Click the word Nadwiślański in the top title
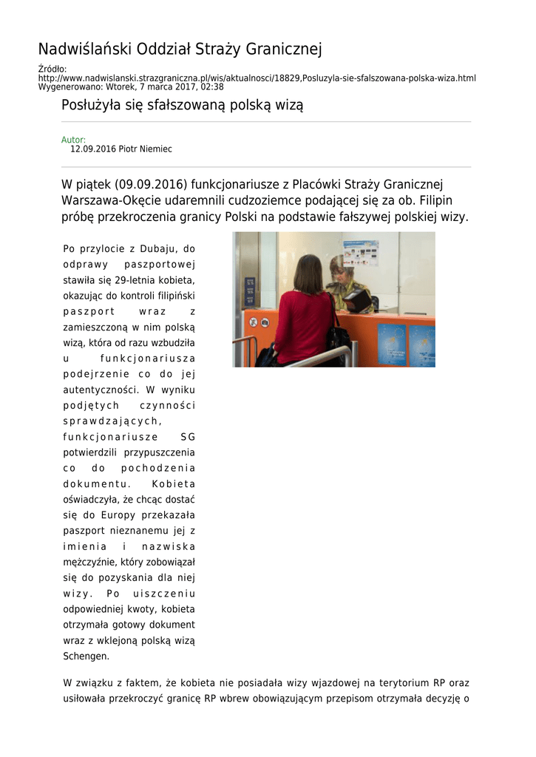85,50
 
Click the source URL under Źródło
257,78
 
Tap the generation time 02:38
211,86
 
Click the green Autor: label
73,140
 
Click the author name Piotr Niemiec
146,149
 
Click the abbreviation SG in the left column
188,436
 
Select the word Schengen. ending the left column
86,656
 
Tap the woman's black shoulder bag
339,336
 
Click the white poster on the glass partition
361,253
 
